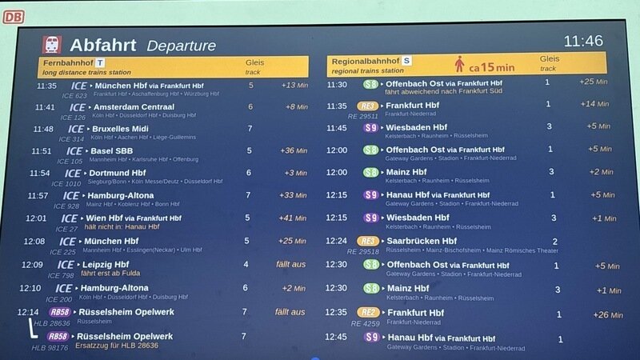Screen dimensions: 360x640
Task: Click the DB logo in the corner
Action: click(x=13, y=16)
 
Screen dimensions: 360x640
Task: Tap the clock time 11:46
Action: click(x=583, y=41)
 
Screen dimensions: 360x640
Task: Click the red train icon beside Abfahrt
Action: click(x=53, y=44)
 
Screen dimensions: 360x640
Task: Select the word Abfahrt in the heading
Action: click(x=102, y=45)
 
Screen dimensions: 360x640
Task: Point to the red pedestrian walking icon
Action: click(x=460, y=64)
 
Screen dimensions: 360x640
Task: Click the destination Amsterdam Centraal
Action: click(x=134, y=106)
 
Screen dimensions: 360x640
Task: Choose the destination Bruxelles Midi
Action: click(x=122, y=128)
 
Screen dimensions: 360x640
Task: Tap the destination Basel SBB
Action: click(x=113, y=150)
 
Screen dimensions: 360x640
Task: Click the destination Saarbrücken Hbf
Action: click(x=422, y=241)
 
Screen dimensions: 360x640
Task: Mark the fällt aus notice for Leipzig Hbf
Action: click(x=290, y=265)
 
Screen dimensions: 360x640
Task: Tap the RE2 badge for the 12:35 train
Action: click(x=368, y=313)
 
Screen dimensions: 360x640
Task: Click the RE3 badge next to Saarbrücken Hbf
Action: click(x=368, y=241)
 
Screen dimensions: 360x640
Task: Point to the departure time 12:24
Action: click(x=337, y=241)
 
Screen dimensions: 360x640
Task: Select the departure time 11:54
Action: click(x=39, y=174)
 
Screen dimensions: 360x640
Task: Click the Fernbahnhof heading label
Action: click(x=68, y=62)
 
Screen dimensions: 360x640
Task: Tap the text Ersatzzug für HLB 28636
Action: click(x=117, y=346)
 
